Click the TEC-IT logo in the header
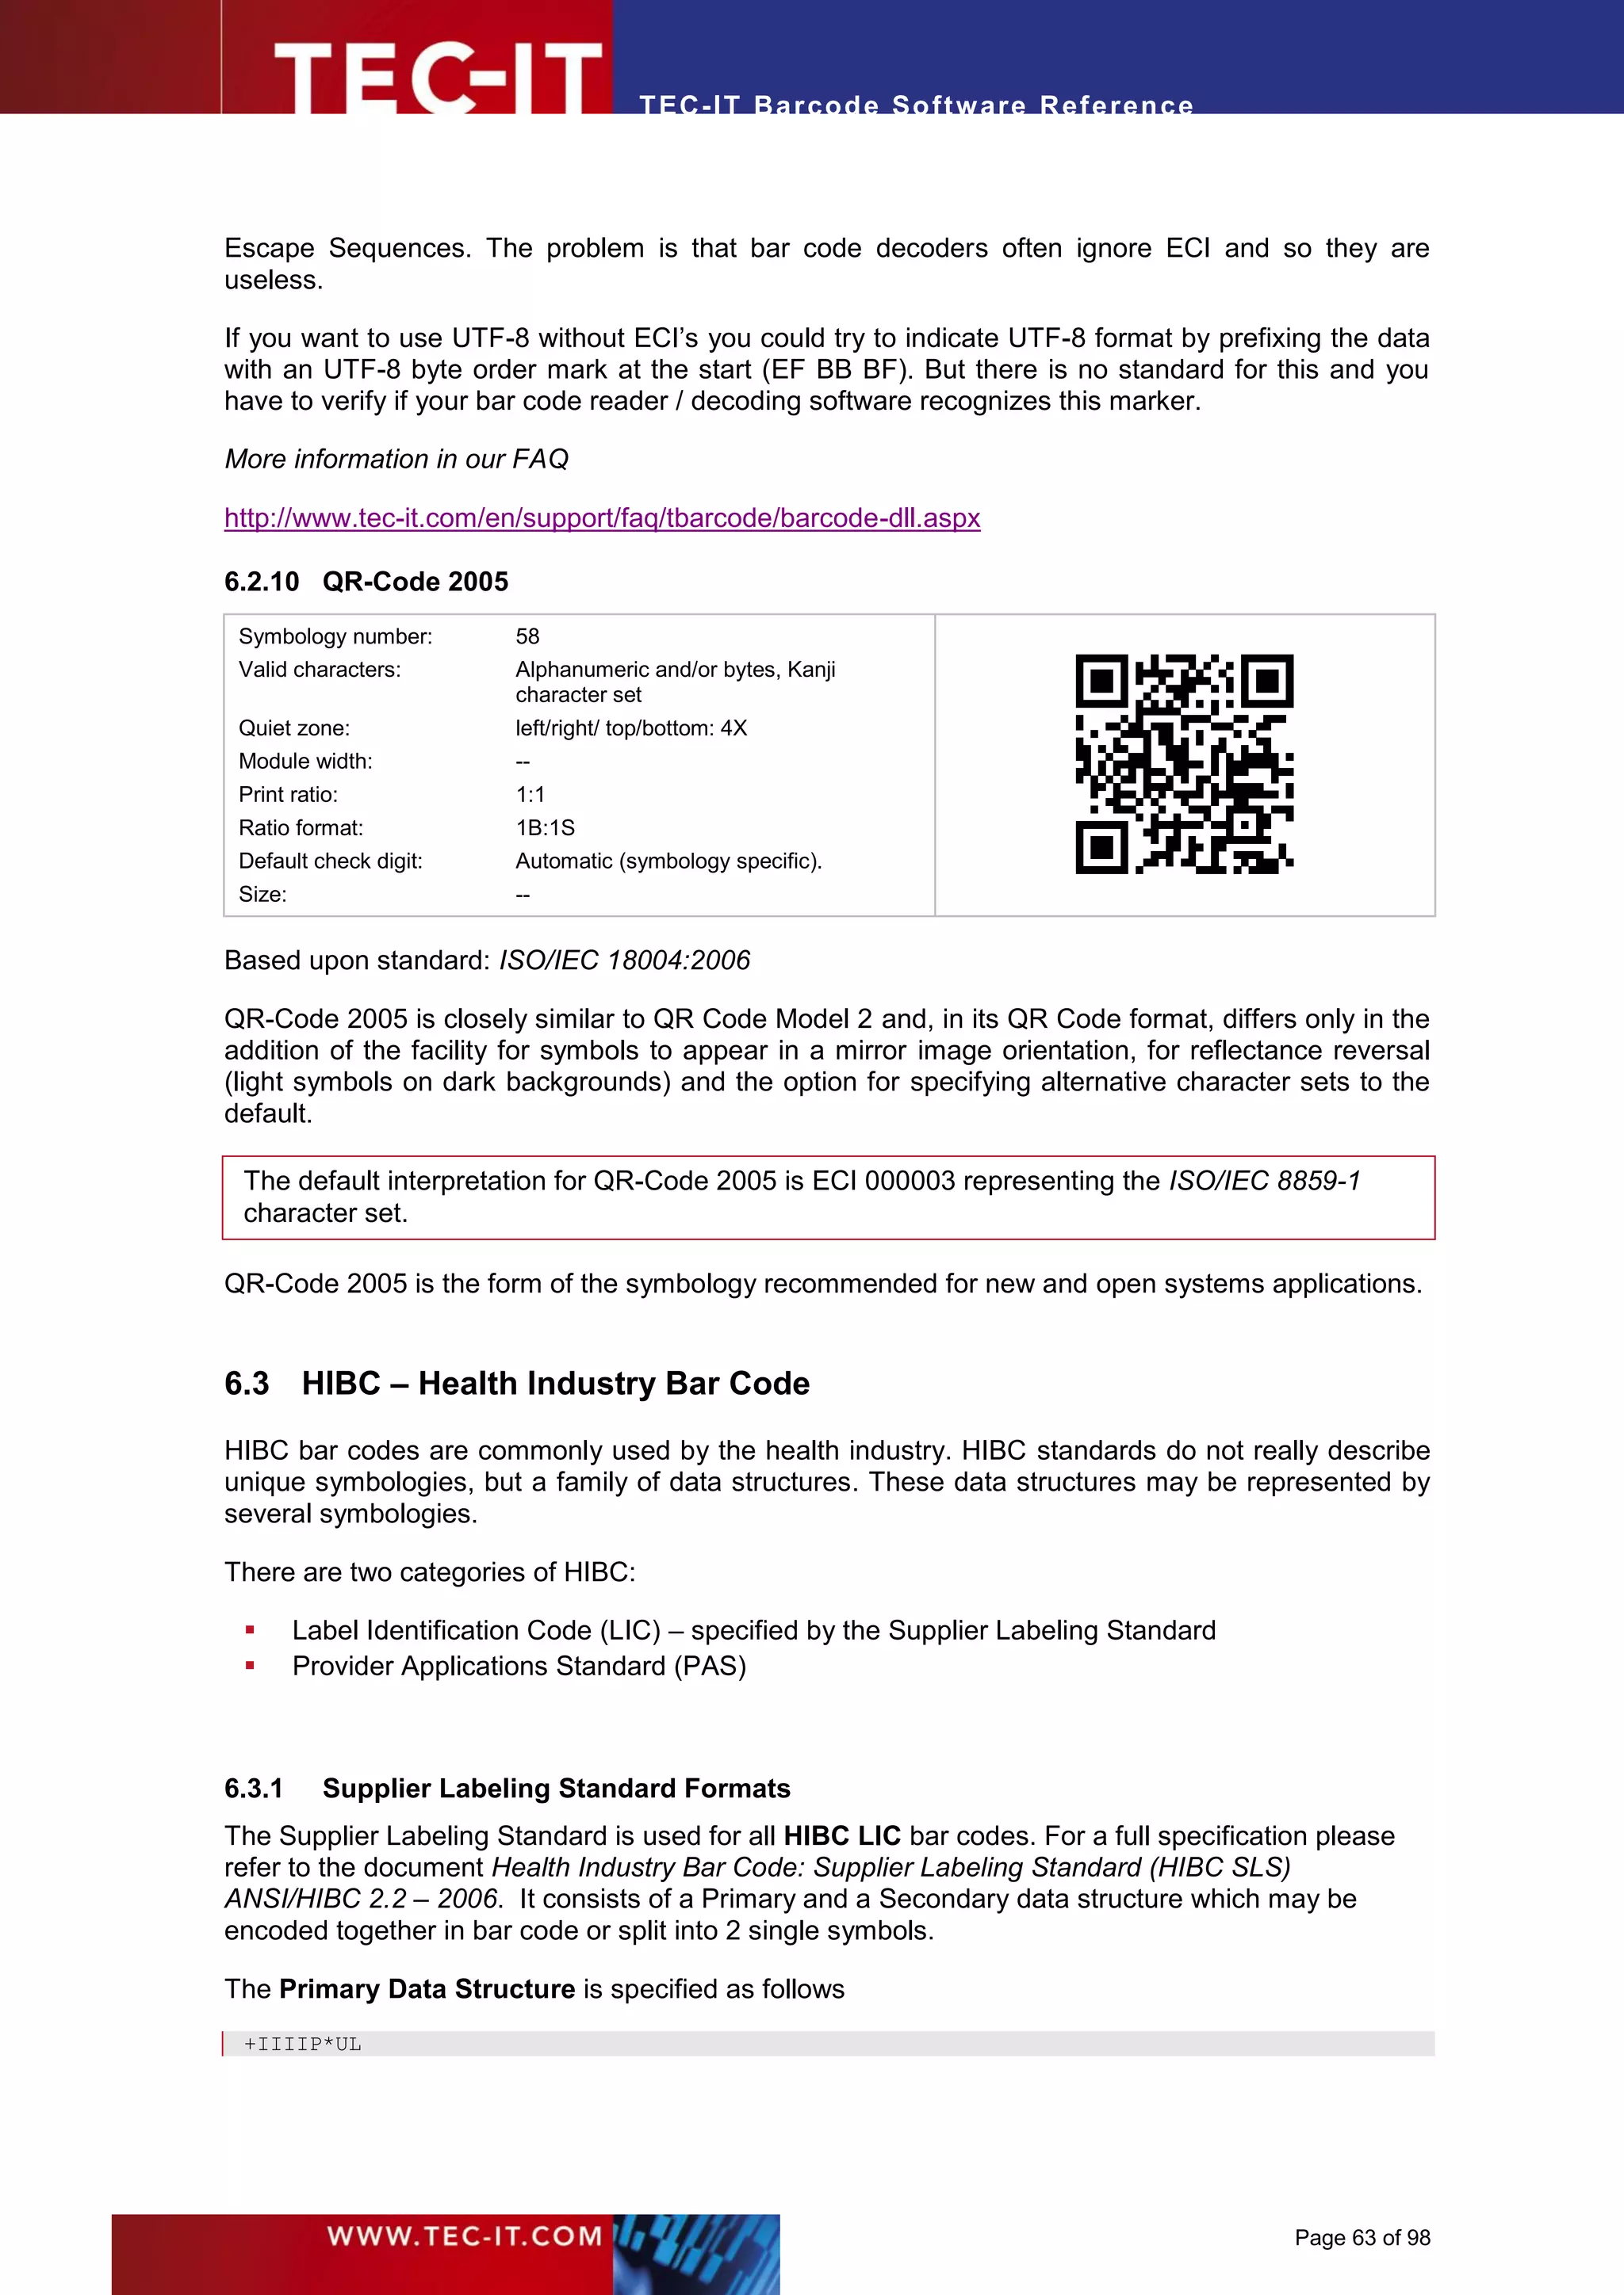(437, 76)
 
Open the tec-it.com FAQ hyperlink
(602, 517)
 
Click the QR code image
(1184, 764)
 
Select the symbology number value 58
(527, 636)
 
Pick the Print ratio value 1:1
(530, 795)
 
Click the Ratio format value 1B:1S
(545, 827)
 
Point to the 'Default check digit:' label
(330, 861)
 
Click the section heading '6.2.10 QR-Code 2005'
(366, 582)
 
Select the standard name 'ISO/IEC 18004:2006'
(624, 960)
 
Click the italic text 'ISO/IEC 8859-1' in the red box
(1264, 1182)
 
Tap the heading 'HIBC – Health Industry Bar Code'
(555, 1384)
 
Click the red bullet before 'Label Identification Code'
(250, 1630)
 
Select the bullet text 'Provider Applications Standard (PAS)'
(519, 1667)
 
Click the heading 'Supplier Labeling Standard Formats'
(556, 1789)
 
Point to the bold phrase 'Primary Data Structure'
(427, 1989)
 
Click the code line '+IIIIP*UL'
(303, 2044)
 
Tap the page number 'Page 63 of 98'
(1362, 2238)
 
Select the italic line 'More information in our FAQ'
(396, 459)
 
